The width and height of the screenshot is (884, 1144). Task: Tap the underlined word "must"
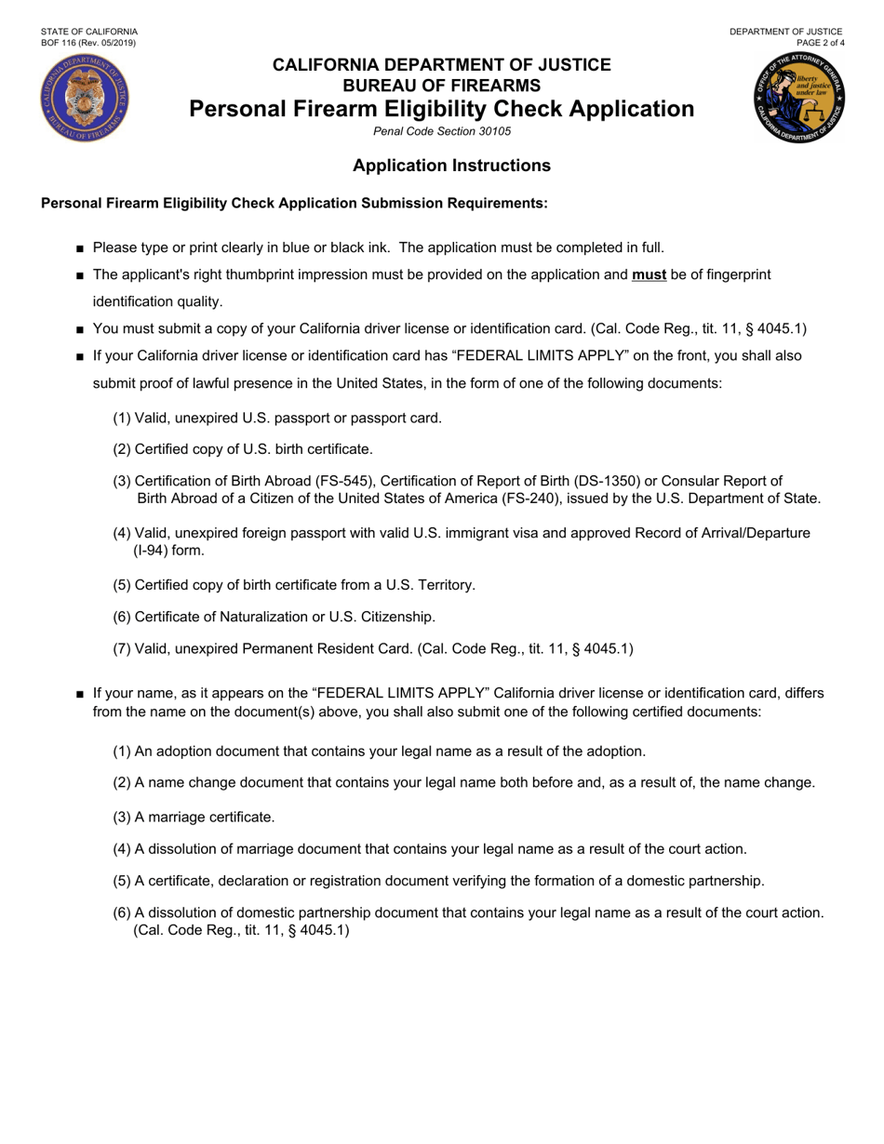tap(649, 274)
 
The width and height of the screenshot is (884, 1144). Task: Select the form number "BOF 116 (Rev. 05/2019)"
tap(85, 43)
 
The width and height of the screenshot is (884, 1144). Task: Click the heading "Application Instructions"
tap(451, 166)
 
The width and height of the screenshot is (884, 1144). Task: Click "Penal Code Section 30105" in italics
tap(441, 132)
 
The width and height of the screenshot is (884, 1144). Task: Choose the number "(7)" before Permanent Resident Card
tap(122, 649)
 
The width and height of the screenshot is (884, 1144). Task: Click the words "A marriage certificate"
tap(205, 817)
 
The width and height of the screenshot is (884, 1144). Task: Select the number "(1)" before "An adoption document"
tap(122, 752)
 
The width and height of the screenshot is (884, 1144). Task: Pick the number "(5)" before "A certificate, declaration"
tap(122, 881)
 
